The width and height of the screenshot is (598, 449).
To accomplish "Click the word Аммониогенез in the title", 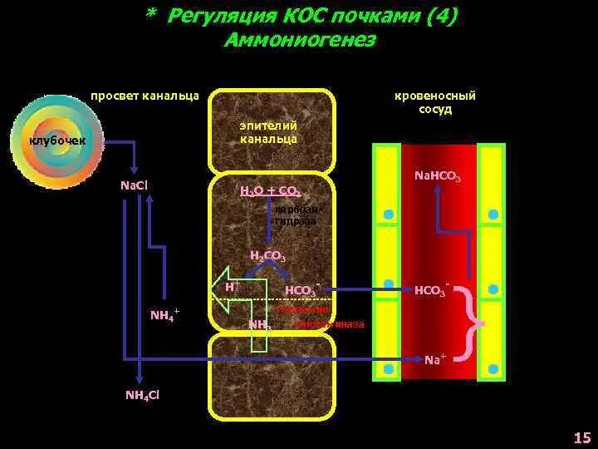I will click(300, 40).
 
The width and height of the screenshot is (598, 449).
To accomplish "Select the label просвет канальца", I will click(145, 96).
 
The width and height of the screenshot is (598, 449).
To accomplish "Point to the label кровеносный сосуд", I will click(435, 103).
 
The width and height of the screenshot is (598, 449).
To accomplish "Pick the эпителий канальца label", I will click(268, 132).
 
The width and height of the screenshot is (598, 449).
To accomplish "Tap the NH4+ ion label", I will click(164, 314).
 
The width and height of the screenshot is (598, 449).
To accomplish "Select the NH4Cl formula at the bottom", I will click(142, 394).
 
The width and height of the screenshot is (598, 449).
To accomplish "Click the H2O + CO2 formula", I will click(270, 190).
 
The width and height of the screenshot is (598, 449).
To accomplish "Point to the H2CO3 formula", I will click(267, 257).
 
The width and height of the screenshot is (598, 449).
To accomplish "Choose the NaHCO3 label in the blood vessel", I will click(438, 177).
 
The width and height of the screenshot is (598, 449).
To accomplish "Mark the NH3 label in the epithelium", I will click(260, 324).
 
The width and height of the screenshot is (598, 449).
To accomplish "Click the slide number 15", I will click(581, 437).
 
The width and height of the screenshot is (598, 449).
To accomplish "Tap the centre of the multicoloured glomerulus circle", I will click(51, 141).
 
